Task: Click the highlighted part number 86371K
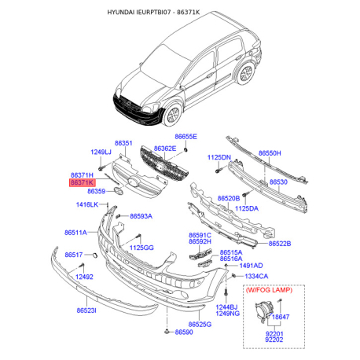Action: [83, 182]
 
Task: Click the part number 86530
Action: [279, 182]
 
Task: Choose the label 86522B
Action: [280, 244]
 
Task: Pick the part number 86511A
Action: [75, 233]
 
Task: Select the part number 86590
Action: [184, 332]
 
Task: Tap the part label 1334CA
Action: [256, 277]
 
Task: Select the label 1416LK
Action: [86, 205]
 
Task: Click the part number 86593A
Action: [141, 215]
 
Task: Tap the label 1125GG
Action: [142, 248]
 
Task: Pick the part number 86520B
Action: [229, 199]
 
